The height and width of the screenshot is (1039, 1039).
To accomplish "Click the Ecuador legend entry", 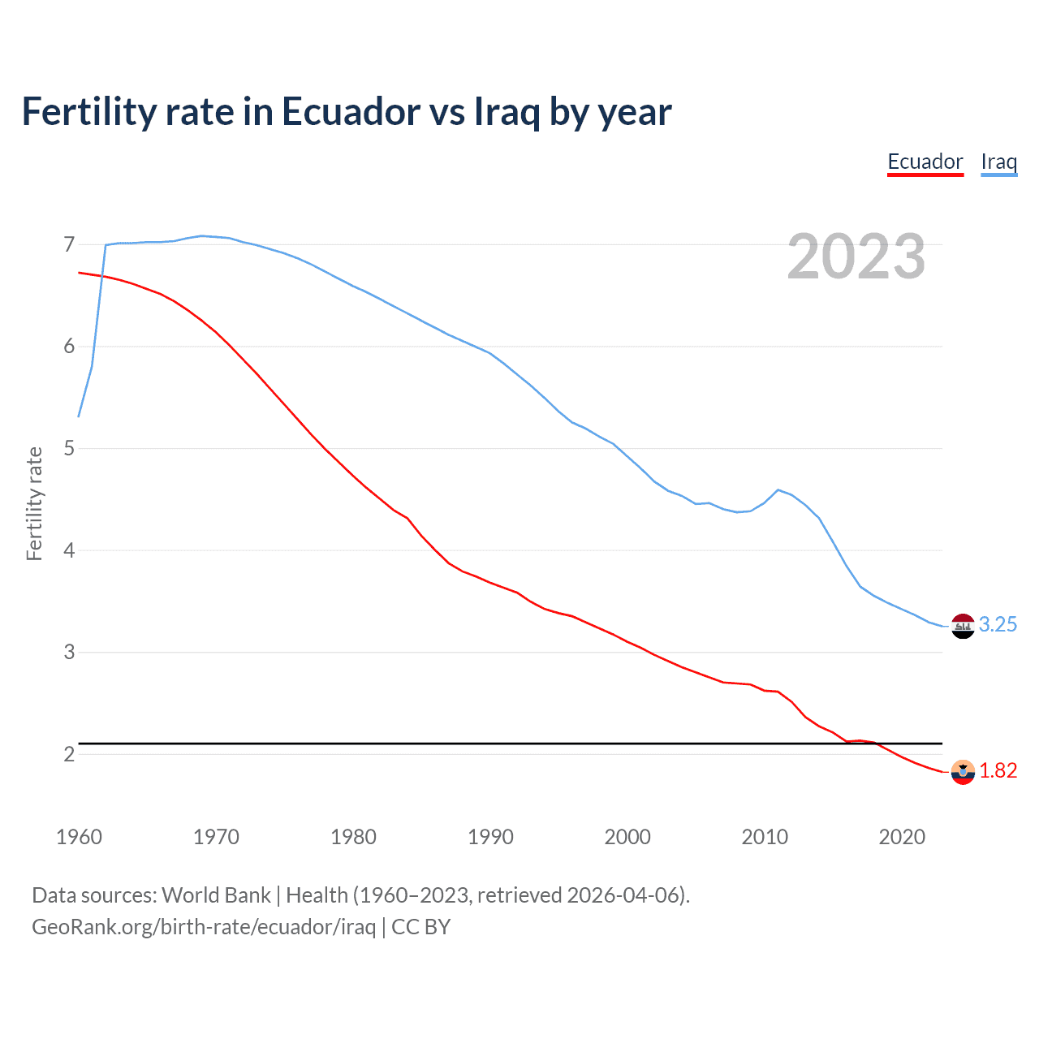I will pyautogui.click(x=925, y=162).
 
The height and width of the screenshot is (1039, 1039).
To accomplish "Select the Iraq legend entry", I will pyautogui.click(x=998, y=162).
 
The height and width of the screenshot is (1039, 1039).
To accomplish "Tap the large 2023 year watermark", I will pyautogui.click(x=856, y=257).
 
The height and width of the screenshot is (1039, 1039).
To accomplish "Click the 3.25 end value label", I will pyautogui.click(x=998, y=624).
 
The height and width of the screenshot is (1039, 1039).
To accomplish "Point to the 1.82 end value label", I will pyautogui.click(x=998, y=770).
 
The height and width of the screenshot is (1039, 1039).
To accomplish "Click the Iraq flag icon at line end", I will pyautogui.click(x=963, y=626).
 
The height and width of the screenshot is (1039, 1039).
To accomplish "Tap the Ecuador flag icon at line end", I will pyautogui.click(x=963, y=772).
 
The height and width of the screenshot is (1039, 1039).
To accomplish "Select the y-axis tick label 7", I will pyautogui.click(x=69, y=244).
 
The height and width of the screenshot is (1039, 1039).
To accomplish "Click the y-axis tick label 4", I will pyautogui.click(x=69, y=550).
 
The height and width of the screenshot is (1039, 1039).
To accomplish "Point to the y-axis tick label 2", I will pyautogui.click(x=69, y=754).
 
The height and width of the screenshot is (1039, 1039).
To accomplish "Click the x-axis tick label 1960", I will pyautogui.click(x=79, y=837).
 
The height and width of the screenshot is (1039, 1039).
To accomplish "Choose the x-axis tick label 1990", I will pyautogui.click(x=490, y=837).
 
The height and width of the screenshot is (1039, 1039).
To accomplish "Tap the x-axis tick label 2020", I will pyautogui.click(x=902, y=837).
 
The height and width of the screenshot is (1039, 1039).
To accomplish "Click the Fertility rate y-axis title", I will pyautogui.click(x=34, y=503).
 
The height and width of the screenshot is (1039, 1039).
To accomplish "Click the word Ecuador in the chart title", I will pyautogui.click(x=351, y=111).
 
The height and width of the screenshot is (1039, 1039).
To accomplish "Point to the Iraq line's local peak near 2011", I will pyautogui.click(x=778, y=489).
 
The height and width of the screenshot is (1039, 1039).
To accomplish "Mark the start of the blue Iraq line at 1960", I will pyautogui.click(x=79, y=416).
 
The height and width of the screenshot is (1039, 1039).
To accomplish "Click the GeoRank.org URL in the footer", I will pyautogui.click(x=204, y=927).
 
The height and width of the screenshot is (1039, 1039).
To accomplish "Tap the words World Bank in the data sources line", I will pyautogui.click(x=216, y=895).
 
